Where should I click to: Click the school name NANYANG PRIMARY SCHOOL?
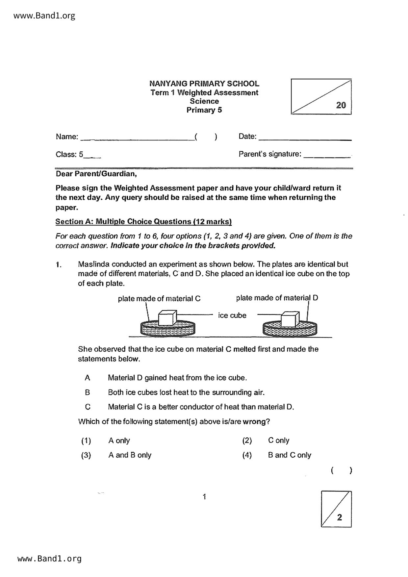coord(204,84)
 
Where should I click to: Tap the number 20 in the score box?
coord(341,105)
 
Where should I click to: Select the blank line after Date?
coord(305,139)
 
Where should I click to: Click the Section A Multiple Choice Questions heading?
coord(143,222)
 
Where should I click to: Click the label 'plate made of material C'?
coord(159,299)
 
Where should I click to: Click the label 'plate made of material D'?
coord(277,298)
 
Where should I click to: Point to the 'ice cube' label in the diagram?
coord(232,315)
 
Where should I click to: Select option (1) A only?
coord(119,440)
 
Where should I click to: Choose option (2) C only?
coord(278,440)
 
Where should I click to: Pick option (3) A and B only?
coord(130,455)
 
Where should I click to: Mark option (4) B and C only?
coord(289,455)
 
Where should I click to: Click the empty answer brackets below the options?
coord(342,471)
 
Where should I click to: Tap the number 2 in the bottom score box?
coord(340,517)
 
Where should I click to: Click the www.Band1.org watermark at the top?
coord(44,16)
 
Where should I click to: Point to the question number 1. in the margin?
coord(59,265)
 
